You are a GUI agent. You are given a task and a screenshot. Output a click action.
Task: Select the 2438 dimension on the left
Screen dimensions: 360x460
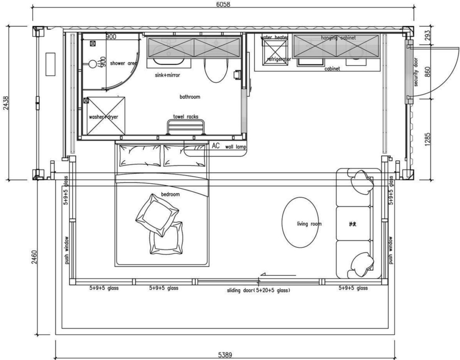coord(5,103)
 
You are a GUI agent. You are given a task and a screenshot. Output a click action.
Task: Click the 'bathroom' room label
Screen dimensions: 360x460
coord(190,97)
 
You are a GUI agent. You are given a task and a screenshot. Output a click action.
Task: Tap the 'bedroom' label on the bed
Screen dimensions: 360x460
coord(170,195)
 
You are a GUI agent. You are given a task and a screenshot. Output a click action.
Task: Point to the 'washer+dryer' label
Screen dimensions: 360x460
coord(103,117)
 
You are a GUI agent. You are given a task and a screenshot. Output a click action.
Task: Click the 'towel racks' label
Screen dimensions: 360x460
coord(186,116)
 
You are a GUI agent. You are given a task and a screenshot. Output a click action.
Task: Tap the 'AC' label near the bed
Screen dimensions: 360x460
coord(216,146)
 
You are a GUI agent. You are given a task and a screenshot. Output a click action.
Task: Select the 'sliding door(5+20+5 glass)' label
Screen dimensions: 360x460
coord(258,290)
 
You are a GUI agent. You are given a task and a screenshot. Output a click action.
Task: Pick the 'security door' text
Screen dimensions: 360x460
coord(416,72)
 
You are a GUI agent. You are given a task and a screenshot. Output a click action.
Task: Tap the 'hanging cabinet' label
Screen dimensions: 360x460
coord(338,38)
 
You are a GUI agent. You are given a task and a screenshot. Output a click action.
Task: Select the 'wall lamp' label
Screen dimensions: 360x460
coord(236,147)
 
